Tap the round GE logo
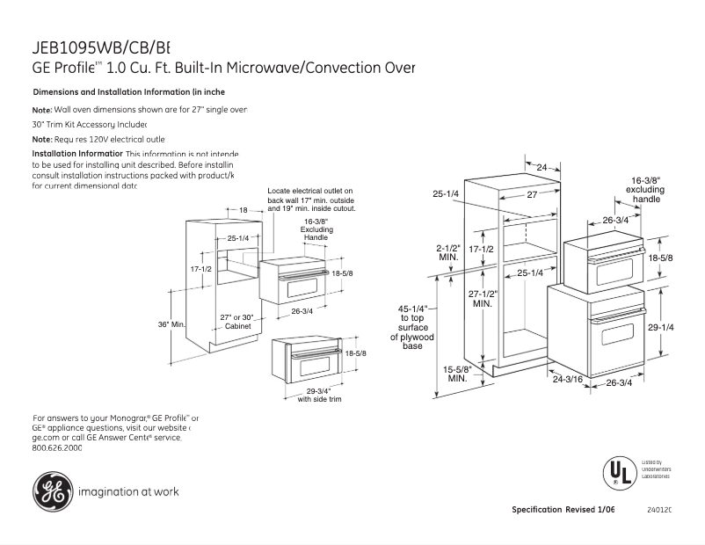52,491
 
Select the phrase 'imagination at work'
128,492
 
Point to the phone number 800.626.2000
57,447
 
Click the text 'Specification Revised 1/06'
563,510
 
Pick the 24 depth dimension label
541,167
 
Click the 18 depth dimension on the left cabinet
243,210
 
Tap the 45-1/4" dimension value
412,309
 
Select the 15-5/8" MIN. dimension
457,374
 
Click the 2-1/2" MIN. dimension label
448,252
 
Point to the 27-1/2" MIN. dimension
482,298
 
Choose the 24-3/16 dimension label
569,379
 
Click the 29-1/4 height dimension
661,327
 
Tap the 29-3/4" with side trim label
318,394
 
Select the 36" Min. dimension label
171,324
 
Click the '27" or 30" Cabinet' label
238,321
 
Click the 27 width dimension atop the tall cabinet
532,194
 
